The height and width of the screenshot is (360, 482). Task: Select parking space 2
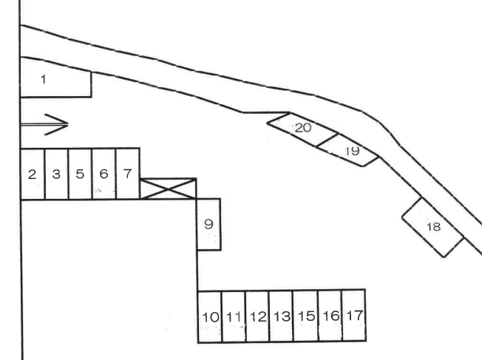pyautogui.click(x=33, y=174)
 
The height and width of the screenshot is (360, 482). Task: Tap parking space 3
pyautogui.click(x=56, y=174)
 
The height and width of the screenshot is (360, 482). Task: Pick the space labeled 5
pyautogui.click(x=80, y=174)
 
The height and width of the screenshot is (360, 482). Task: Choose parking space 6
pyautogui.click(x=104, y=174)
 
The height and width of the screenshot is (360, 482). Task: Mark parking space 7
pyautogui.click(x=128, y=174)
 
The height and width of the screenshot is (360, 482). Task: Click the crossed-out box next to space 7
pyautogui.click(x=169, y=189)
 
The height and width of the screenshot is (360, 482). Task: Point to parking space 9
pyautogui.click(x=208, y=224)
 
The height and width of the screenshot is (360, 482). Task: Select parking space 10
pyautogui.click(x=210, y=316)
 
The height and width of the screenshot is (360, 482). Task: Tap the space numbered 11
pyautogui.click(x=234, y=316)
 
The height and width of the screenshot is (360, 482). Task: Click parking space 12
pyautogui.click(x=257, y=316)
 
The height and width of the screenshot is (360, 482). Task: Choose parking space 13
pyautogui.click(x=281, y=316)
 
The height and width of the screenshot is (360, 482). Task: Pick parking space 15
pyautogui.click(x=305, y=316)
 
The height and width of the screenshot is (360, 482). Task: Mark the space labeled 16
pyautogui.click(x=330, y=316)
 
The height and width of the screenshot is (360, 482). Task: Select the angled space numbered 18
pyautogui.click(x=434, y=227)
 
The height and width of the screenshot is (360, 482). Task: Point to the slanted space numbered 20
pyautogui.click(x=302, y=129)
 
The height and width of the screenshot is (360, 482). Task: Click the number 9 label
pyautogui.click(x=208, y=223)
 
